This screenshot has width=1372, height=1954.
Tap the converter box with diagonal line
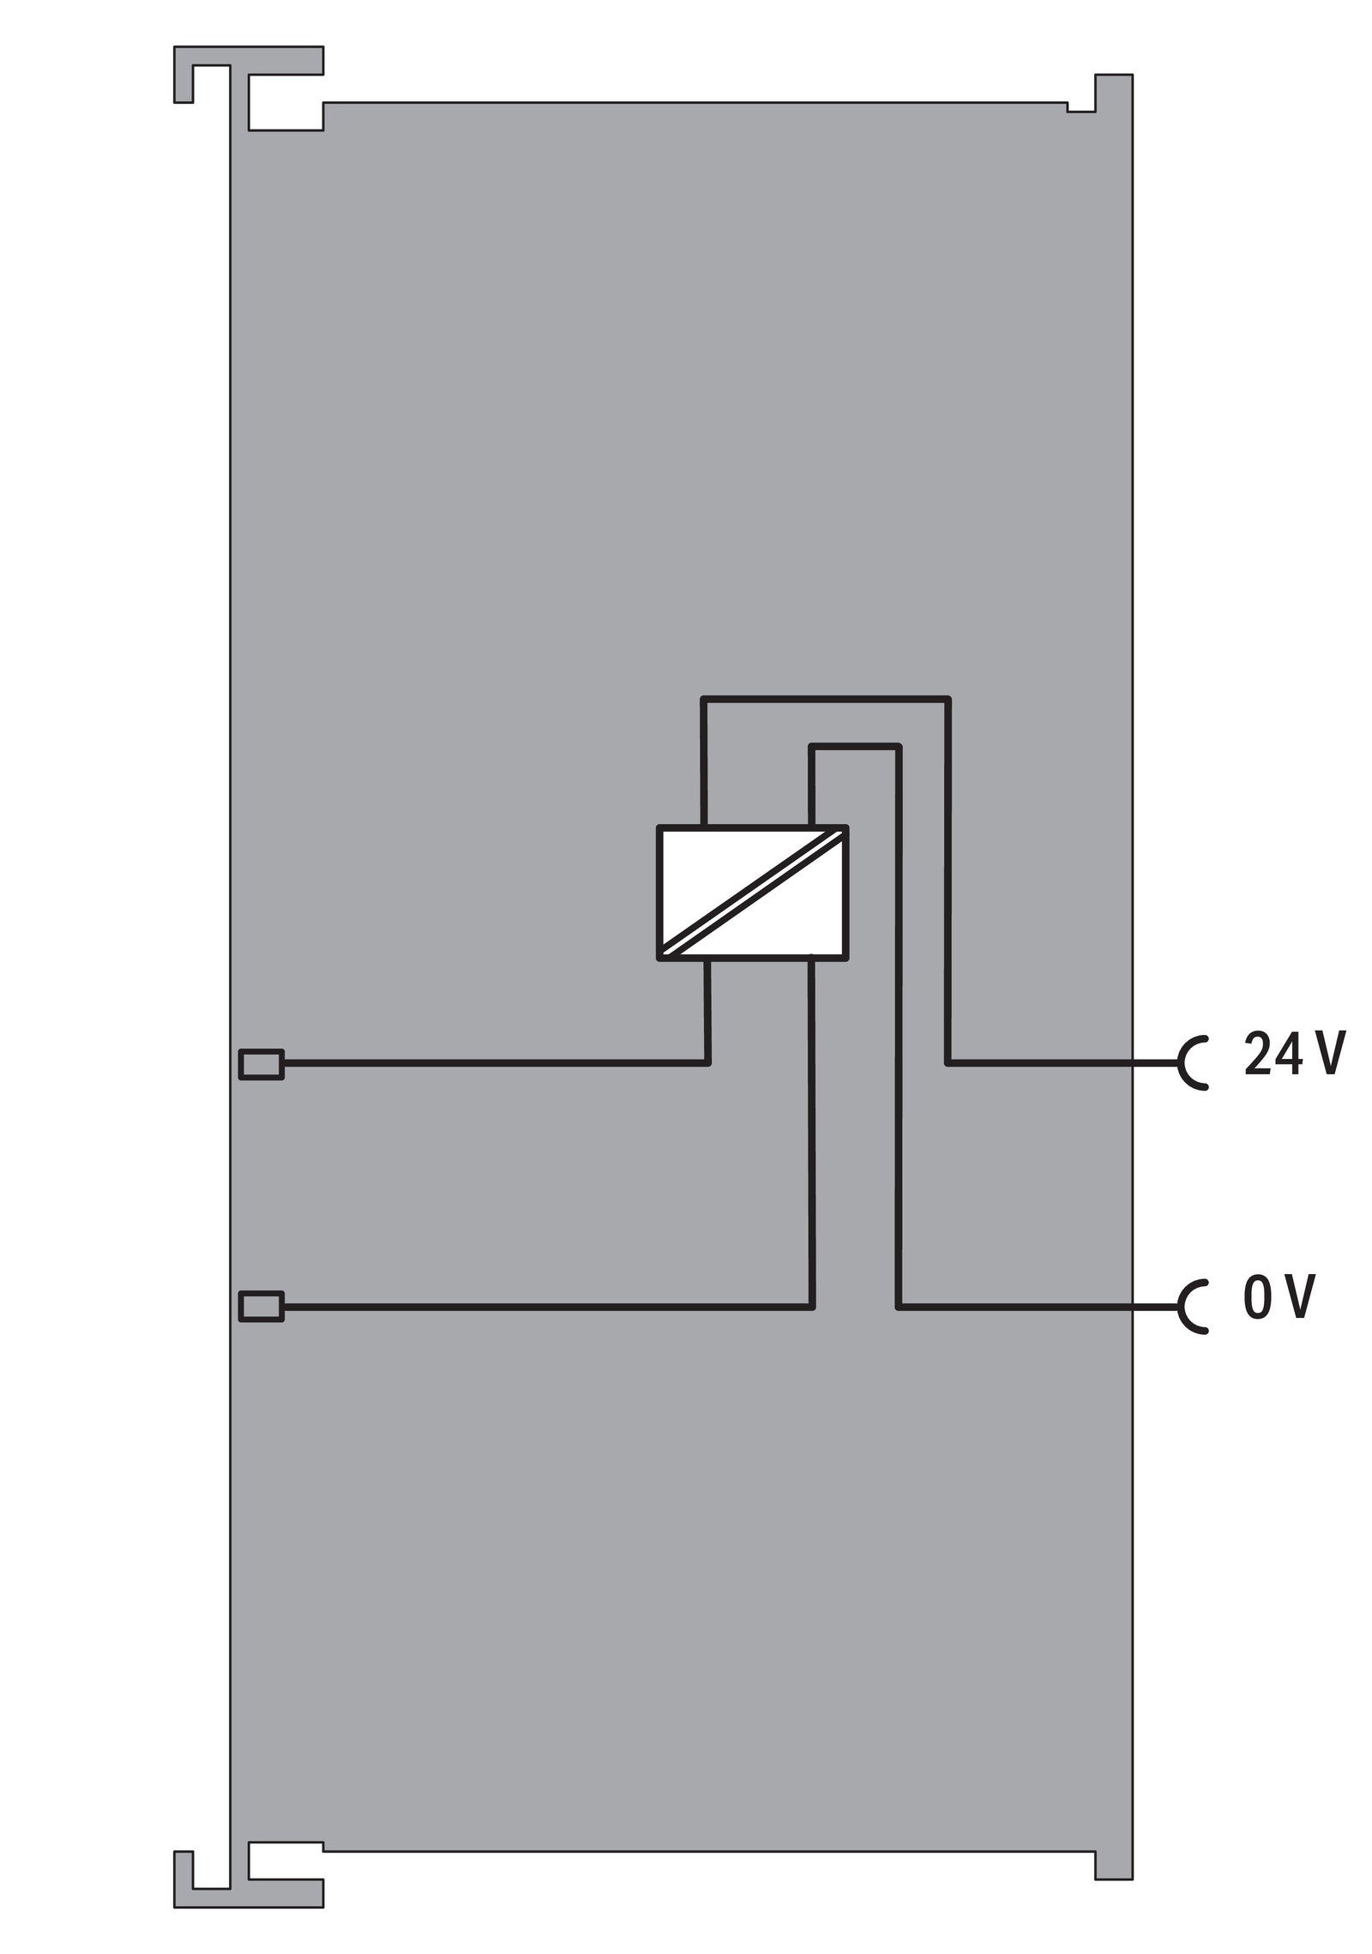[x=752, y=892]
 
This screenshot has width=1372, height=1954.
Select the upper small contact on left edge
[x=262, y=1064]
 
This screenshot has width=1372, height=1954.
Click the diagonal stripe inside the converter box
[x=752, y=892]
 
